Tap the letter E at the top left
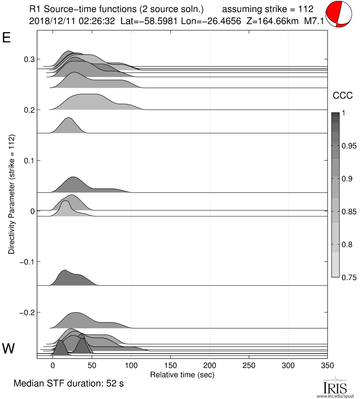[x=7, y=38]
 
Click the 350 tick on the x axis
[x=327, y=365]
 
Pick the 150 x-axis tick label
[x=171, y=365]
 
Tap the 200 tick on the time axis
[x=210, y=365]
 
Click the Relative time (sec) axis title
[x=182, y=374]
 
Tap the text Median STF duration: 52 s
[x=68, y=384]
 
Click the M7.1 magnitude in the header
[x=314, y=21]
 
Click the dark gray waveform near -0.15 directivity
[x=72, y=279]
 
